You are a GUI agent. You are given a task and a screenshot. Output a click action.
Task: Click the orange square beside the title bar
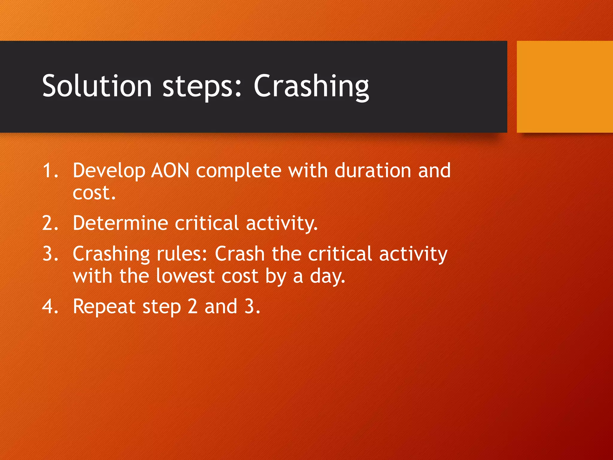click(x=565, y=87)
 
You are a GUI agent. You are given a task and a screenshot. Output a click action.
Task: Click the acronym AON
click(x=170, y=171)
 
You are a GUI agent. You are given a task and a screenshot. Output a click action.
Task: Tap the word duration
click(x=373, y=171)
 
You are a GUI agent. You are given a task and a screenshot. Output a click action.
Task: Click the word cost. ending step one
click(x=94, y=193)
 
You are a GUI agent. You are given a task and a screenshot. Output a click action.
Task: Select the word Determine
click(x=120, y=223)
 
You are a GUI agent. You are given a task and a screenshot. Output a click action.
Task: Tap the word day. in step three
click(x=327, y=277)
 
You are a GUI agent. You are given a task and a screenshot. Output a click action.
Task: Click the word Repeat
click(x=104, y=307)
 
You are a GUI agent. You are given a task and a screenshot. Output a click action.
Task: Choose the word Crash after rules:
click(x=240, y=254)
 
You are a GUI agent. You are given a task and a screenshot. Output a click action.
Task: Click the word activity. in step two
click(x=282, y=224)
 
